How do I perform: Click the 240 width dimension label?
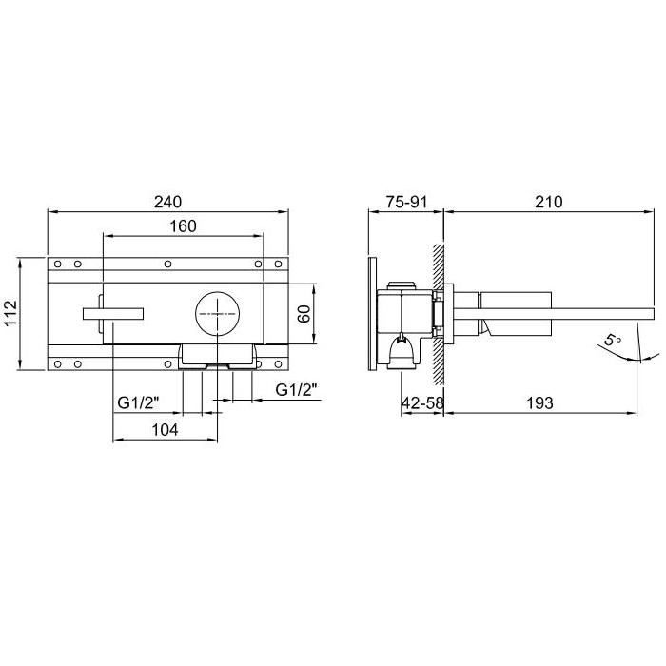167,202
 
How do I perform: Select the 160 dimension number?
183,226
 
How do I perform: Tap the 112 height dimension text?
10,313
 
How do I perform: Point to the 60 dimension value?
304,314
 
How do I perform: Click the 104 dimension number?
165,430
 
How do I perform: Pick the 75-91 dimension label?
406,202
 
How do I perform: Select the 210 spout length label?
549,202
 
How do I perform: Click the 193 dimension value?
539,402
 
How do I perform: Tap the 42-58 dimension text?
422,402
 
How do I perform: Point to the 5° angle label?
613,341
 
